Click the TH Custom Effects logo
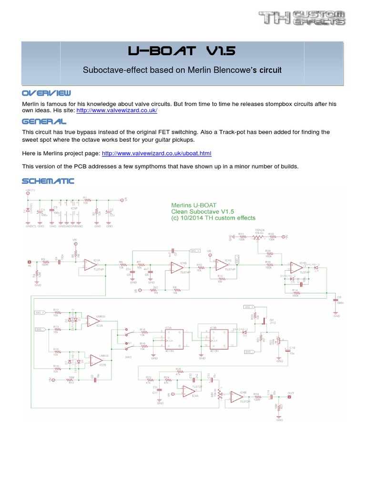coord(302,19)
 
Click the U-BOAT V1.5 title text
coord(183,51)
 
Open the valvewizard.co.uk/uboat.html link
coord(156,154)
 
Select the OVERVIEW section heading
coord(46,92)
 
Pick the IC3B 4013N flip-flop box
coord(213,338)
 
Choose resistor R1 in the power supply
coord(85,199)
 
